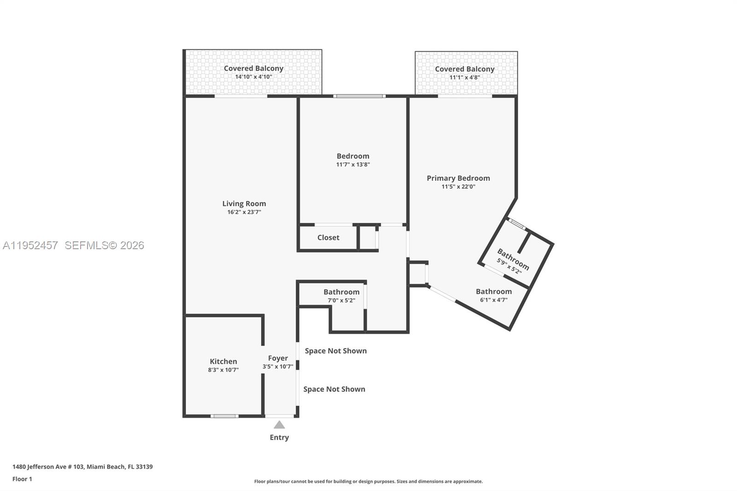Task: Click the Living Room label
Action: tap(244, 204)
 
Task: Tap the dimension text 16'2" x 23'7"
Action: tap(244, 212)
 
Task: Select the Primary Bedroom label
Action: tap(458, 178)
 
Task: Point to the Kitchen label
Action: tap(223, 362)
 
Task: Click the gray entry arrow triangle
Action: tap(279, 425)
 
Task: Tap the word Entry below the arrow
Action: tap(279, 438)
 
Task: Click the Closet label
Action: tap(328, 238)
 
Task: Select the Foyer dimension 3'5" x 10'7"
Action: tap(278, 367)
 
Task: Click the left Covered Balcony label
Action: tap(253, 68)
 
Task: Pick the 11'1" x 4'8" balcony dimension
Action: tap(464, 78)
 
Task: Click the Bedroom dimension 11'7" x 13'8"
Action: tap(353, 164)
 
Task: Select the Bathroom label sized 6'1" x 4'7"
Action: tap(494, 292)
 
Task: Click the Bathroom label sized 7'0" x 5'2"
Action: tap(341, 292)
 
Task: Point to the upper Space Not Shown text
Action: tap(336, 351)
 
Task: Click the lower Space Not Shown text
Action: tap(334, 389)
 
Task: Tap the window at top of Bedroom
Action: tap(359, 96)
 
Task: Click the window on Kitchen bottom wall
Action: tap(224, 416)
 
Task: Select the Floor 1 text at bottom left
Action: tap(22, 479)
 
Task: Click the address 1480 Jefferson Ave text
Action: tap(82, 467)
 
